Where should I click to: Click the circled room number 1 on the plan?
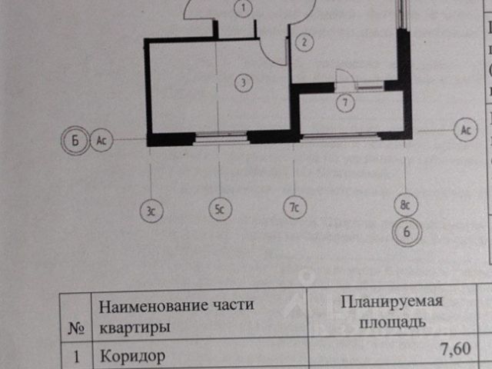tap(243, 9)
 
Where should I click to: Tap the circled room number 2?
tap(304, 42)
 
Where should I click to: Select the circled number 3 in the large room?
tap(243, 80)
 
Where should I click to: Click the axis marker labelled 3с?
tap(151, 208)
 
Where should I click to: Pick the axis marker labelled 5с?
tap(220, 208)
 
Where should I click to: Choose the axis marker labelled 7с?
tap(293, 208)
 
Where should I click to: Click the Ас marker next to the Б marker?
tap(101, 141)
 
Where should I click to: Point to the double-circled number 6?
tap(408, 231)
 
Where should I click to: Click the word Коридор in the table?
tap(131, 357)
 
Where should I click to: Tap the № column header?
tap(76, 328)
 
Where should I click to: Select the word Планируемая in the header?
tap(393, 301)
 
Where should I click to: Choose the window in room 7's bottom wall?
tap(339, 136)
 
